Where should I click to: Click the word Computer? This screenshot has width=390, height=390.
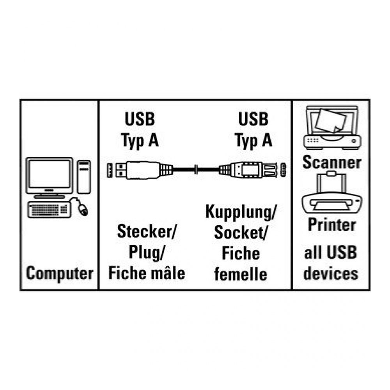(x=59, y=273)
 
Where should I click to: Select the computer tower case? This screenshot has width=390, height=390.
(x=83, y=176)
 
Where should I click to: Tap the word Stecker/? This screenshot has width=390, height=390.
(x=147, y=233)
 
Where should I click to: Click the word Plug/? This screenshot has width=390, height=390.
(x=146, y=253)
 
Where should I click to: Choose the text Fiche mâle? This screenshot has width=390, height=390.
(x=146, y=273)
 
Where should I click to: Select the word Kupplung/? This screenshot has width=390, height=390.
(x=241, y=213)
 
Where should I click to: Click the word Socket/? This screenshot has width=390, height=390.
(x=241, y=233)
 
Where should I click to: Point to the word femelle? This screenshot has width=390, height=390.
(x=241, y=274)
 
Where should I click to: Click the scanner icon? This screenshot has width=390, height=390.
(x=331, y=127)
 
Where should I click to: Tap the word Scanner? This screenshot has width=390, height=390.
(x=331, y=162)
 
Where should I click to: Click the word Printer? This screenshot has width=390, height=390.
(x=331, y=225)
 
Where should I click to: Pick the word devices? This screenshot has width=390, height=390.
(x=331, y=273)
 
